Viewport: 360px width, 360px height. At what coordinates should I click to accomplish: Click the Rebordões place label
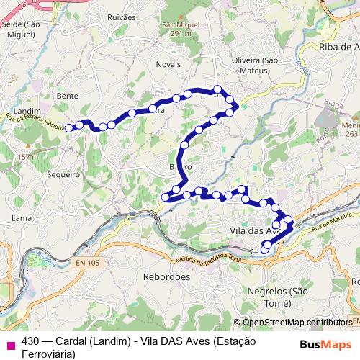[x=166, y=276]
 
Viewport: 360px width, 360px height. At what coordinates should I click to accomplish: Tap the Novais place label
[x=168, y=63]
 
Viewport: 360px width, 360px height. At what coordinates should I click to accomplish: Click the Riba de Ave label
[x=338, y=47]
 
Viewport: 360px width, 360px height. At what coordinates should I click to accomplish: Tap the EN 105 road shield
[x=87, y=264]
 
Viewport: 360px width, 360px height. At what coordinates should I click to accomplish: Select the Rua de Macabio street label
[x=332, y=218]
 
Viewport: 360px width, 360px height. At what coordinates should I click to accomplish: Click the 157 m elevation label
[x=28, y=157]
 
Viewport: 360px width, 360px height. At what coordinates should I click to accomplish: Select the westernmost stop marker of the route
[x=69, y=128]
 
